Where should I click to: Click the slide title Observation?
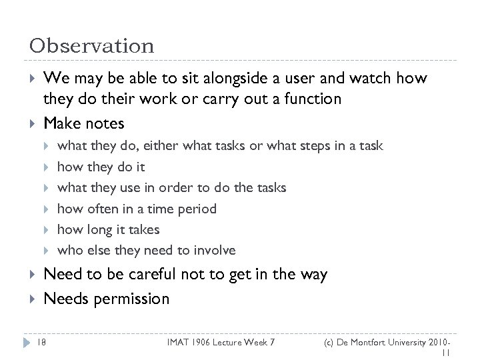coord(91,45)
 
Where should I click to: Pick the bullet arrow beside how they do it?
coord(47,167)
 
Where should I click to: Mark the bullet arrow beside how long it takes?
coord(47,229)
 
